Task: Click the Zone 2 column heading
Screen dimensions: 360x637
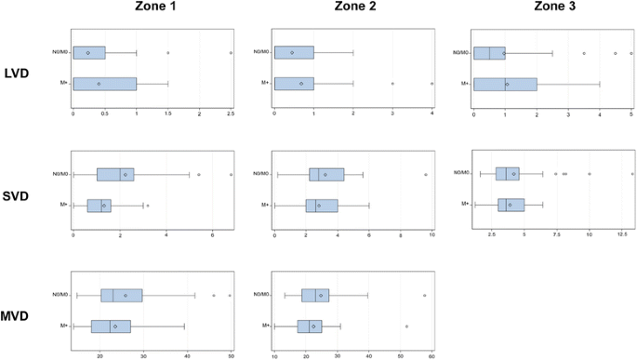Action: tap(353, 7)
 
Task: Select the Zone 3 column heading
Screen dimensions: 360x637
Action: tap(554, 7)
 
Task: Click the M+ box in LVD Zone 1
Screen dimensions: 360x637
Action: tap(105, 84)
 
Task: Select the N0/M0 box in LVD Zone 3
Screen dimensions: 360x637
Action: tap(489, 53)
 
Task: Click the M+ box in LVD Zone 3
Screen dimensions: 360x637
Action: tap(505, 84)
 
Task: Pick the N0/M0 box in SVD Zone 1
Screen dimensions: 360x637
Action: tap(115, 174)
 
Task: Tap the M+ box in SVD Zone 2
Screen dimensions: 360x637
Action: tap(322, 205)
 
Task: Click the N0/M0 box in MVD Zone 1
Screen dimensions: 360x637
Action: tap(122, 295)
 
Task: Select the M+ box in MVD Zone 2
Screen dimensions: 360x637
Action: tap(310, 326)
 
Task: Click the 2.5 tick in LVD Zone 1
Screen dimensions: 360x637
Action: tap(231, 113)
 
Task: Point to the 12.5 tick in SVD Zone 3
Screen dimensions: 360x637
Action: tap(622, 234)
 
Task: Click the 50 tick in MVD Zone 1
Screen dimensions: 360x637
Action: tap(231, 355)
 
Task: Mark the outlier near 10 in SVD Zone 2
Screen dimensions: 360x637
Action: tap(426, 174)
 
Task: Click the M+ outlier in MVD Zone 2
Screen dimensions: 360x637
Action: tap(406, 326)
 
